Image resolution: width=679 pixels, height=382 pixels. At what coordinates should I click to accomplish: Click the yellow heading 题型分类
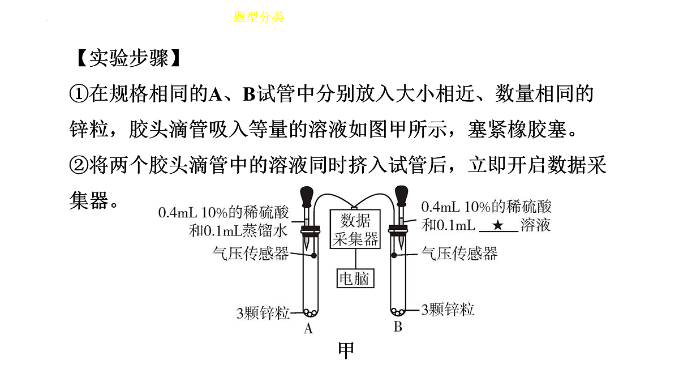[259, 17]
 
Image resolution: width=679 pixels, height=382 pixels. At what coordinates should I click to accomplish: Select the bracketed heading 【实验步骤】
[129, 58]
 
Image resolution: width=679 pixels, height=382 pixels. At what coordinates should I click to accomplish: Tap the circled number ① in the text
[79, 94]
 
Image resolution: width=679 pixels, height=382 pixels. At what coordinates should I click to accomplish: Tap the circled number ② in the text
[79, 165]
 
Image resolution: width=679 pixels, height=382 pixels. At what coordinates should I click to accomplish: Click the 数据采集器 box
[355, 229]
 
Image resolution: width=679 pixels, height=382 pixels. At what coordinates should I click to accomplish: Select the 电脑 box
[355, 278]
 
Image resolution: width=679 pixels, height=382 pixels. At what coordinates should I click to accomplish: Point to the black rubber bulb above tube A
[307, 196]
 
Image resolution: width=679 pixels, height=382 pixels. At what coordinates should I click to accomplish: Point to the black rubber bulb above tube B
[401, 196]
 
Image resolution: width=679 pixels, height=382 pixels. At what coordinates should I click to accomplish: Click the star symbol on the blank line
[498, 225]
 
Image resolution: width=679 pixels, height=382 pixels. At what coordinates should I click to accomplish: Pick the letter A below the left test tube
[308, 328]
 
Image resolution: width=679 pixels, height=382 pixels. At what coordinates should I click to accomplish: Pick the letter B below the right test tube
[398, 327]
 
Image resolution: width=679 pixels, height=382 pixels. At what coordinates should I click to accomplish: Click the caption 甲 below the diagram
[346, 350]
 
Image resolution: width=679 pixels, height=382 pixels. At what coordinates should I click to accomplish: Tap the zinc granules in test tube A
[311, 312]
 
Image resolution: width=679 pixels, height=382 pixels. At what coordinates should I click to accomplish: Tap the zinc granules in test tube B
[398, 311]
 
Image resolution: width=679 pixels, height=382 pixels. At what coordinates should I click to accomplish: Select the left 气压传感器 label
[251, 254]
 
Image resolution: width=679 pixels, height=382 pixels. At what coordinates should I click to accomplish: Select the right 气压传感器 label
[459, 253]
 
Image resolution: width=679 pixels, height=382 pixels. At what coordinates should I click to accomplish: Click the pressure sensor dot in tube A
[314, 256]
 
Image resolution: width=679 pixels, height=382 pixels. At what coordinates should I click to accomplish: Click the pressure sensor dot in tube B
[394, 255]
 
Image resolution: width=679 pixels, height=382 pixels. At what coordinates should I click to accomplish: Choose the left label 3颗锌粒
[263, 313]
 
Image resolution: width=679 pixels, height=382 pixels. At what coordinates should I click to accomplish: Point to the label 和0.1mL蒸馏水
[238, 231]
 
